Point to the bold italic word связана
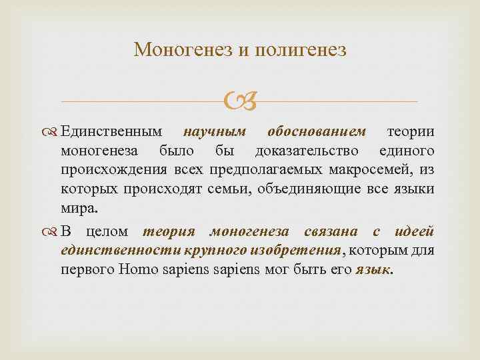point(337,231)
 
